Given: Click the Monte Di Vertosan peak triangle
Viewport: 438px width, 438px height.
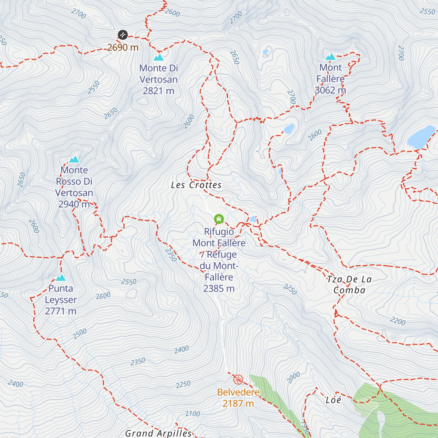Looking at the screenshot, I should coord(158,57).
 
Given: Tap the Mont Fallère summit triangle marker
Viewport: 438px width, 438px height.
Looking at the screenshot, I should coord(330,57).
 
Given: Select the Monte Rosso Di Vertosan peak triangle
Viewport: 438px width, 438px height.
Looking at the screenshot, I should coord(74,160).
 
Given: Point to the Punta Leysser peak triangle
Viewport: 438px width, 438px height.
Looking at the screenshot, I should coord(61,278).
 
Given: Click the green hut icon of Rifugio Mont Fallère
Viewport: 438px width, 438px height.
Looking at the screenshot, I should coord(219,219).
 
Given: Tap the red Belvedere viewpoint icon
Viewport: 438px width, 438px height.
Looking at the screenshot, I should coord(238,380).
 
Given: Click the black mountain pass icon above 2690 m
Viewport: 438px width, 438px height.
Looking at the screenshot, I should coord(123,35).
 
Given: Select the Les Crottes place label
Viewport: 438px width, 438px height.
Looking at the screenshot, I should coord(196,185).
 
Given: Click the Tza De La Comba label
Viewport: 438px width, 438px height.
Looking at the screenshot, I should coord(349,285).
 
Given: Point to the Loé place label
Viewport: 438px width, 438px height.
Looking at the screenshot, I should coord(333,400).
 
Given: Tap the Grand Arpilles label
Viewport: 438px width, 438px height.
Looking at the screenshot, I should coord(158,433).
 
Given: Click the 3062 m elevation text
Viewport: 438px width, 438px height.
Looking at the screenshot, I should coord(330,90).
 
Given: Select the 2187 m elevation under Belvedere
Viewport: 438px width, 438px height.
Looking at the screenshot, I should coord(238,404).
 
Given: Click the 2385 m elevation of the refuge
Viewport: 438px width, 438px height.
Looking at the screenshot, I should coord(219,289).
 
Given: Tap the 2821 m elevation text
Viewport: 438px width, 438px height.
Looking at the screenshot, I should coord(158,91).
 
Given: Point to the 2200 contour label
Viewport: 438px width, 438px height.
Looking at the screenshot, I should coord(397,321).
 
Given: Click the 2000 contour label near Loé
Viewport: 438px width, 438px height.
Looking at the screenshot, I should coord(293,377).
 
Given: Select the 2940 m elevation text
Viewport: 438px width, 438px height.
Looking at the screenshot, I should coord(74,204).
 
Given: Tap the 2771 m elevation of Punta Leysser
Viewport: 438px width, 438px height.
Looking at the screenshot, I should coord(61,311).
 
